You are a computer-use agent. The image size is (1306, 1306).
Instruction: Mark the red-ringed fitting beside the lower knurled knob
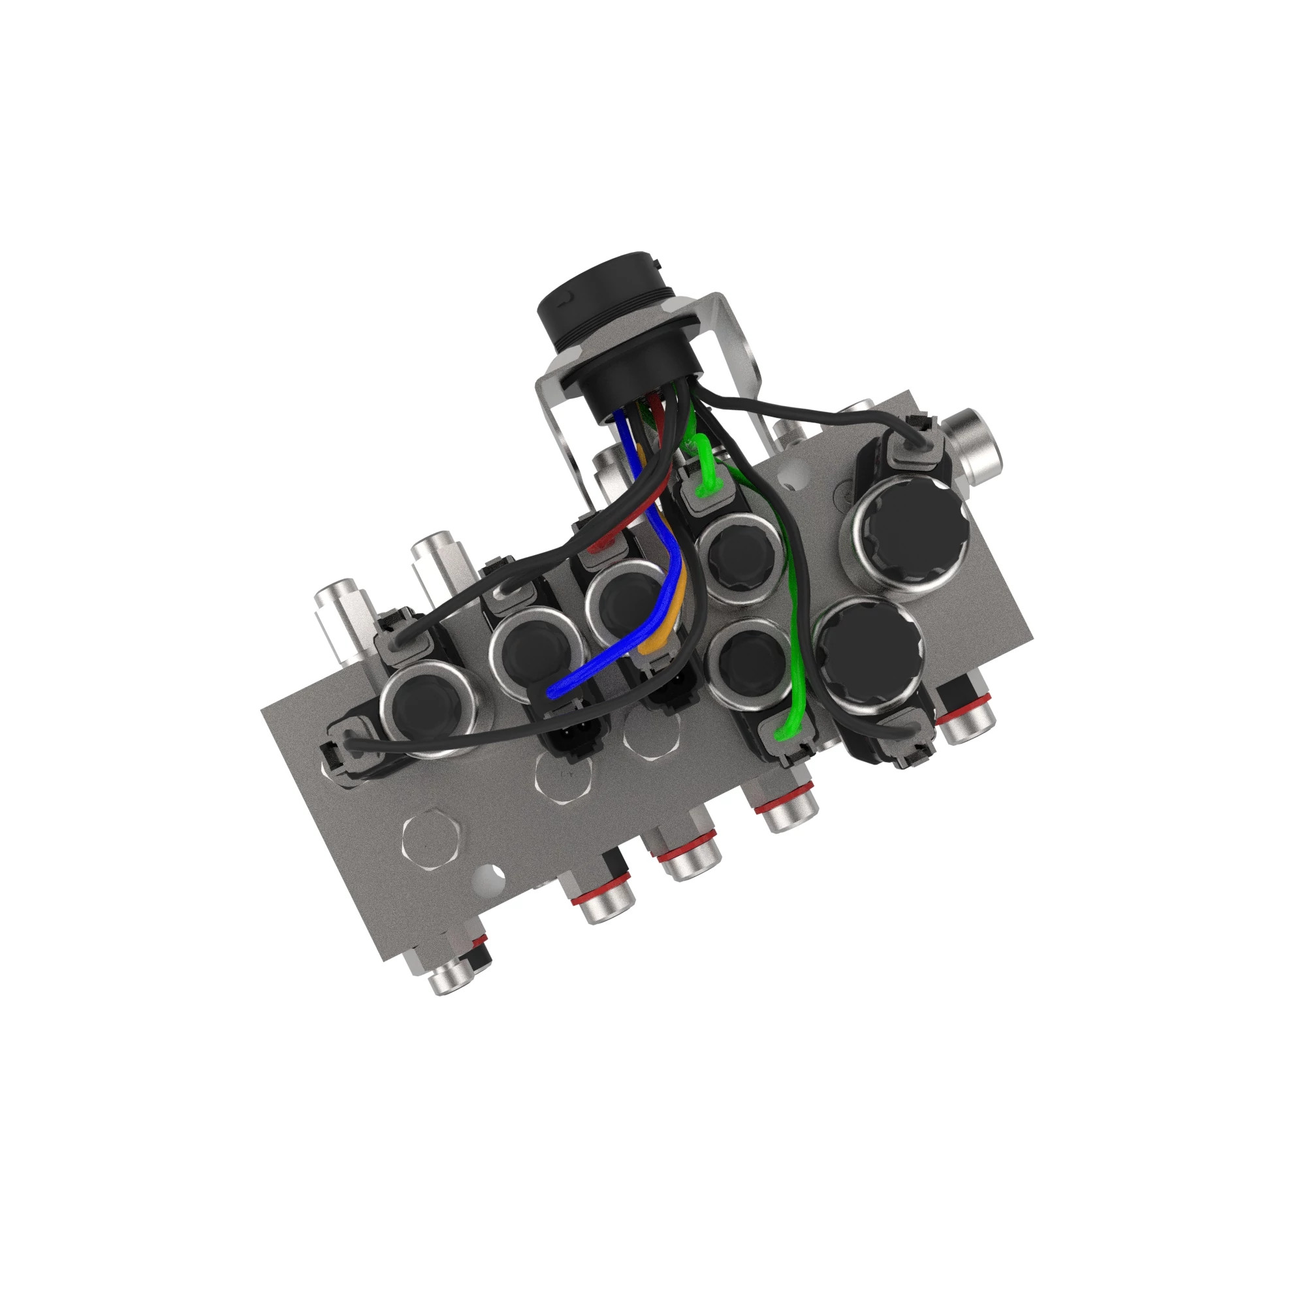tap(964, 716)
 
